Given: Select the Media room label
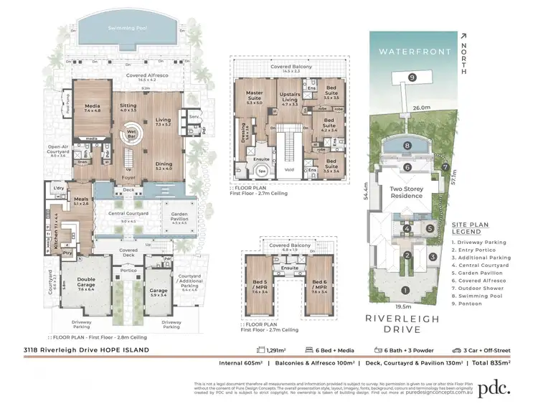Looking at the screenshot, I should (x=92, y=108).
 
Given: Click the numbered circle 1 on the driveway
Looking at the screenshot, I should (x=406, y=291).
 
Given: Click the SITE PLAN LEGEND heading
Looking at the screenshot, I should (x=480, y=229).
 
